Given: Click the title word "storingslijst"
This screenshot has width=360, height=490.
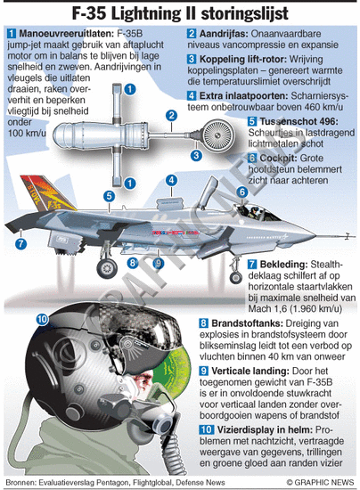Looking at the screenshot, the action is pos(245,13).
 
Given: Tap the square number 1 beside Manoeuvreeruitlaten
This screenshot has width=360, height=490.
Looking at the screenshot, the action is pos(12,34).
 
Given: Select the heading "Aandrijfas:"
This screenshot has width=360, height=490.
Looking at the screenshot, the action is pos(224,34).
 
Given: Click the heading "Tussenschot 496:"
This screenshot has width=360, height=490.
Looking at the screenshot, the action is pos(299,121).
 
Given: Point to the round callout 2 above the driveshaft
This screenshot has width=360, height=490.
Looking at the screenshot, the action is pos(171,115).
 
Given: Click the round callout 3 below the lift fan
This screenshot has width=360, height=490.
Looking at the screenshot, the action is pos(196,155).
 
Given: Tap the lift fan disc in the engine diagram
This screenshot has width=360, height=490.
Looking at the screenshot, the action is pos(216,135).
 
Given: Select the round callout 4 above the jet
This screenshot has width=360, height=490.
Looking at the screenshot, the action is pos(171,180).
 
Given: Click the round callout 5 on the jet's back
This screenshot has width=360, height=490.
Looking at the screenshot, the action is pos(109,196).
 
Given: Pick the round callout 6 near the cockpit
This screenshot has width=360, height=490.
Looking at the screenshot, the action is pos(242,192).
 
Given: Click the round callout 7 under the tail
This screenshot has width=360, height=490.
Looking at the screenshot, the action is pos(20,243).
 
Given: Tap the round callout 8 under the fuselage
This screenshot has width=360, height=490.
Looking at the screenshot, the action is pos(133,263).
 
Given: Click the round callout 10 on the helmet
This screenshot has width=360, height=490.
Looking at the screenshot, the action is pos(42,319).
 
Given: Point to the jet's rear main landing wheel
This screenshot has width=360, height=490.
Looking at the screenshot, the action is pos(107,268).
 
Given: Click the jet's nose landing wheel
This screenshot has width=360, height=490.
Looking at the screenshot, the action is pos(236,277).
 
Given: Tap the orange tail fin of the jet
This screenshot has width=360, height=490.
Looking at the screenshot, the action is pos(47,193).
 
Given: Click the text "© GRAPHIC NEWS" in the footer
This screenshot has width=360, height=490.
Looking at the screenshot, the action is pos(320,482).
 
